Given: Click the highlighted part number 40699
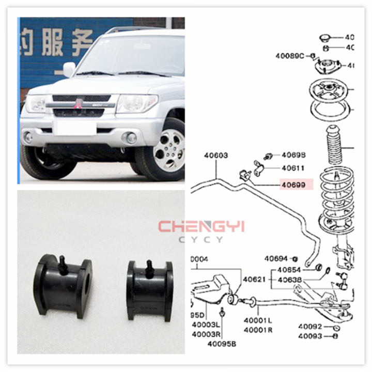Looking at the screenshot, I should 293,184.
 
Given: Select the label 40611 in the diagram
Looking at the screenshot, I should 293,168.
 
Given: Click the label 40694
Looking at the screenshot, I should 276,258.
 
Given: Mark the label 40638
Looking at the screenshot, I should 293,280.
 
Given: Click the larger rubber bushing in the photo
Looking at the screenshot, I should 63,282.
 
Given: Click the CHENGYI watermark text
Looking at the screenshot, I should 201,227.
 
